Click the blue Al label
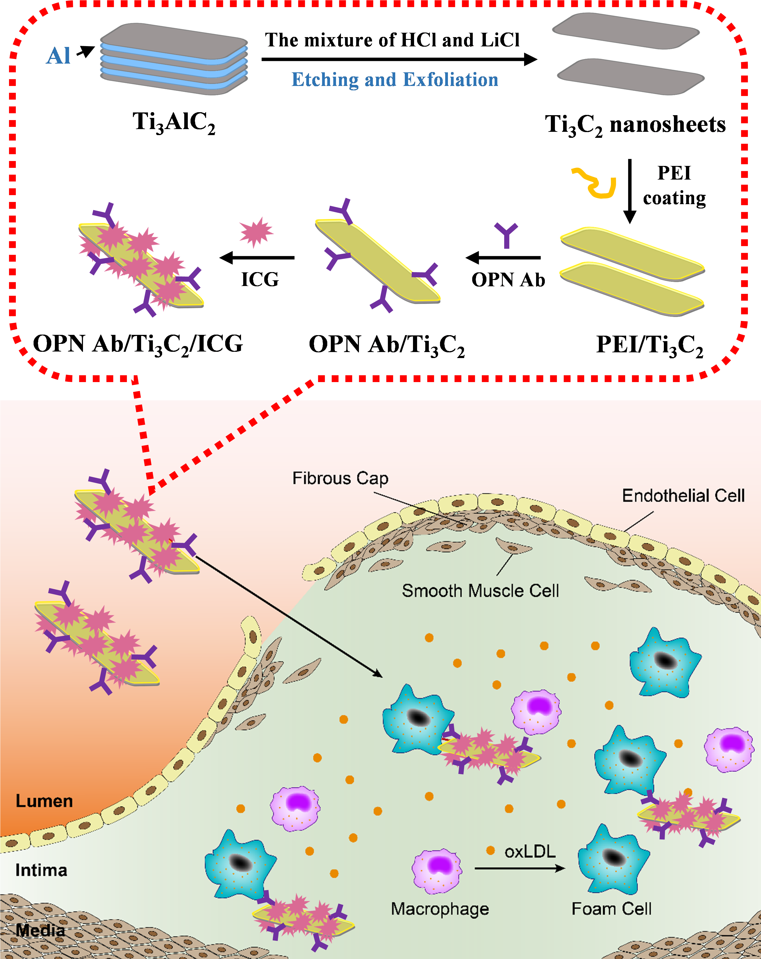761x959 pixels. [58, 56]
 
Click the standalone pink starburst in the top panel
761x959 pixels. [256, 232]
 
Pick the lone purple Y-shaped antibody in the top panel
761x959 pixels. [506, 234]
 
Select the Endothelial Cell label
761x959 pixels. [683, 496]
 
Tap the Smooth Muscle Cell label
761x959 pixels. [480, 591]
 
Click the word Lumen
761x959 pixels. [44, 801]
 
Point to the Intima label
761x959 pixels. [41, 870]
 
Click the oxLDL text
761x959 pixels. [530, 851]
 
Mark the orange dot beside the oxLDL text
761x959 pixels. [491, 850]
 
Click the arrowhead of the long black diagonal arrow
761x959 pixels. [379, 675]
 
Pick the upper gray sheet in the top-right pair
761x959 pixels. [626, 30]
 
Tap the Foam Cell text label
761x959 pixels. [612, 909]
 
